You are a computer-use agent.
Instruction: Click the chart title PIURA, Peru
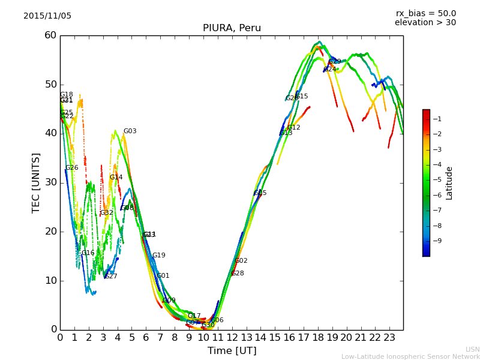point(232,28)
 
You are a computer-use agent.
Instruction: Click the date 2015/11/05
point(47,16)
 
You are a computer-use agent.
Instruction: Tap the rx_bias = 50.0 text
point(425,14)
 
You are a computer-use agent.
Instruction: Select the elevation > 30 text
point(425,23)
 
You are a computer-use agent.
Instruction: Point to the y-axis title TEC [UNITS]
point(36,182)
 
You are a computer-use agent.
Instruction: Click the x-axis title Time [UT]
point(232,351)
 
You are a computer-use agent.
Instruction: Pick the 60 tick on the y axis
point(50,35)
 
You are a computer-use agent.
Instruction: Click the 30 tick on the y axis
point(50,182)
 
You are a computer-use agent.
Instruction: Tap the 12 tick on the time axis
point(232,338)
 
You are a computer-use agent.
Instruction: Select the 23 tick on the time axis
point(389,338)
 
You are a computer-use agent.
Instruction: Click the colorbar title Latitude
point(449,182)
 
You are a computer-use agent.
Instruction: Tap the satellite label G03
point(130,131)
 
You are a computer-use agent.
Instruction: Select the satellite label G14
point(116,178)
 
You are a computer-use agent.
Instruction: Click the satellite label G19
point(158,256)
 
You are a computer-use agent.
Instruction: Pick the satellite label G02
point(241,261)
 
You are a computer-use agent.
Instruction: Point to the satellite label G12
point(294,128)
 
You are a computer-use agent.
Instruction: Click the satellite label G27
point(111,277)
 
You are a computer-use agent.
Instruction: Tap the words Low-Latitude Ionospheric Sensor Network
point(410,357)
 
